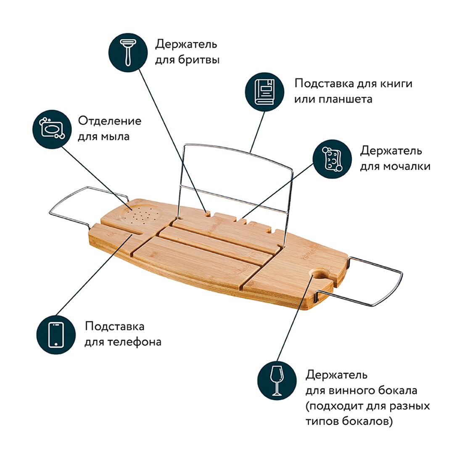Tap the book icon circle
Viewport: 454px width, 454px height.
[264, 92]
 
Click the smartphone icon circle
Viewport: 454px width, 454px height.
[55, 335]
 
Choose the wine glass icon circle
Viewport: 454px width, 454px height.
[277, 381]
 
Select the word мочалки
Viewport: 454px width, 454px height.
[406, 166]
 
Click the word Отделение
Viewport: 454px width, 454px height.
[109, 121]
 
